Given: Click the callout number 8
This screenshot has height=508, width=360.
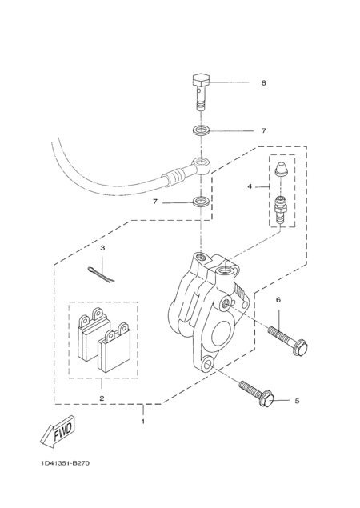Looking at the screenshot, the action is click(x=263, y=83).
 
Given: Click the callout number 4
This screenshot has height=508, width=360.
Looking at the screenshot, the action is click(x=250, y=186).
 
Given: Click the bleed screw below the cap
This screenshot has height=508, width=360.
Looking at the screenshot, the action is click(x=279, y=209).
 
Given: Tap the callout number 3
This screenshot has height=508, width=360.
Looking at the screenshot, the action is click(x=102, y=248).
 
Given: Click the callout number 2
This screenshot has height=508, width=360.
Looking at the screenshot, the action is click(x=102, y=398).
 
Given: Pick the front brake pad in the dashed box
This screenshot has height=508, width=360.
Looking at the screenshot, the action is click(x=114, y=347).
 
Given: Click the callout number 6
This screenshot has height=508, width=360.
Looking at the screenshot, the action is click(x=278, y=300).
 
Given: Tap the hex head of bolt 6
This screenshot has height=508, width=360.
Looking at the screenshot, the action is click(x=299, y=347).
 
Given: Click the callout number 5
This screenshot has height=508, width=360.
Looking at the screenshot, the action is click(x=297, y=401).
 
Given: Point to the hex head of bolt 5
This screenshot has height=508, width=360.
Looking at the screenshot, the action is click(x=266, y=399).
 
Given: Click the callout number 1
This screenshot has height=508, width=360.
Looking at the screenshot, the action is click(x=142, y=422).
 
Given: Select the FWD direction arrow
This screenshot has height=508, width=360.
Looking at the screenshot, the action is click(x=58, y=431).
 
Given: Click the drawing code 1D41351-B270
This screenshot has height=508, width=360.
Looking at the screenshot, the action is click(x=65, y=463).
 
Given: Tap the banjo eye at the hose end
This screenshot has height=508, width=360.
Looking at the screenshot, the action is click(x=202, y=165).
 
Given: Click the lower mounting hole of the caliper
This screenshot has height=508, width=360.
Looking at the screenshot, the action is click(x=207, y=363).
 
